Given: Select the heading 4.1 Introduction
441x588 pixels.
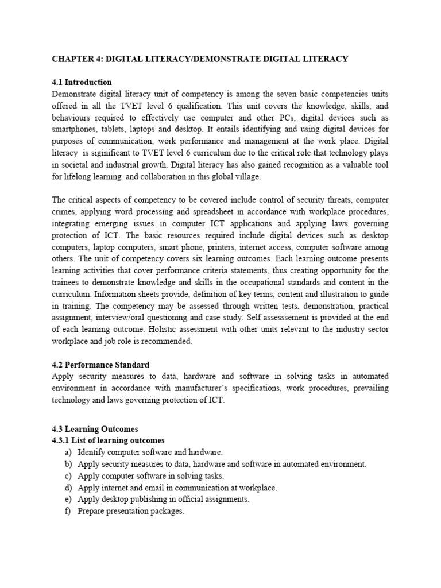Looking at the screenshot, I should click(x=82, y=82).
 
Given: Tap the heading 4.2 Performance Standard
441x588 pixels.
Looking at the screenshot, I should click(x=100, y=365).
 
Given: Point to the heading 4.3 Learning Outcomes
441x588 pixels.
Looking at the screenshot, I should click(x=95, y=429).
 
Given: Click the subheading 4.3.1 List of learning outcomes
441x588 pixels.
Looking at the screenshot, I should click(x=108, y=440).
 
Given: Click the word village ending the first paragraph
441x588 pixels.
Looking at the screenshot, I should click(x=245, y=176).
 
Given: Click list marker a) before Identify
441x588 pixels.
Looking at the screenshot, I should click(x=68, y=452).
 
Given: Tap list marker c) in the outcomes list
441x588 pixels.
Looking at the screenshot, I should click(x=68, y=476).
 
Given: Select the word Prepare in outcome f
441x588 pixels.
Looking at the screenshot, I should click(x=91, y=511).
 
